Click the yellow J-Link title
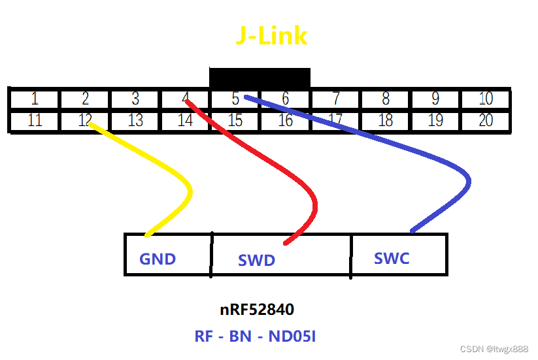pyautogui.click(x=271, y=36)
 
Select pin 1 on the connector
pyautogui.click(x=34, y=99)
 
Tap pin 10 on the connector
pyautogui.click(x=486, y=99)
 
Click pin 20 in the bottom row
pyautogui.click(x=486, y=120)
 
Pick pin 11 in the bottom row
pyautogui.click(x=34, y=120)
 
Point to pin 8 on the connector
pyautogui.click(x=386, y=99)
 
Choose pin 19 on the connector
pyautogui.click(x=435, y=120)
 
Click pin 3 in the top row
pyautogui.click(x=135, y=99)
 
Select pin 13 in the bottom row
pyautogui.click(x=135, y=120)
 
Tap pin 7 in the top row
pyautogui.click(x=335, y=99)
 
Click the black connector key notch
pyautogui.click(x=260, y=77)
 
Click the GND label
pyautogui.click(x=158, y=259)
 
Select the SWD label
pyautogui.click(x=256, y=261)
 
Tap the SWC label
pyautogui.click(x=392, y=258)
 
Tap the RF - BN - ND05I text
pyautogui.click(x=256, y=336)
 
